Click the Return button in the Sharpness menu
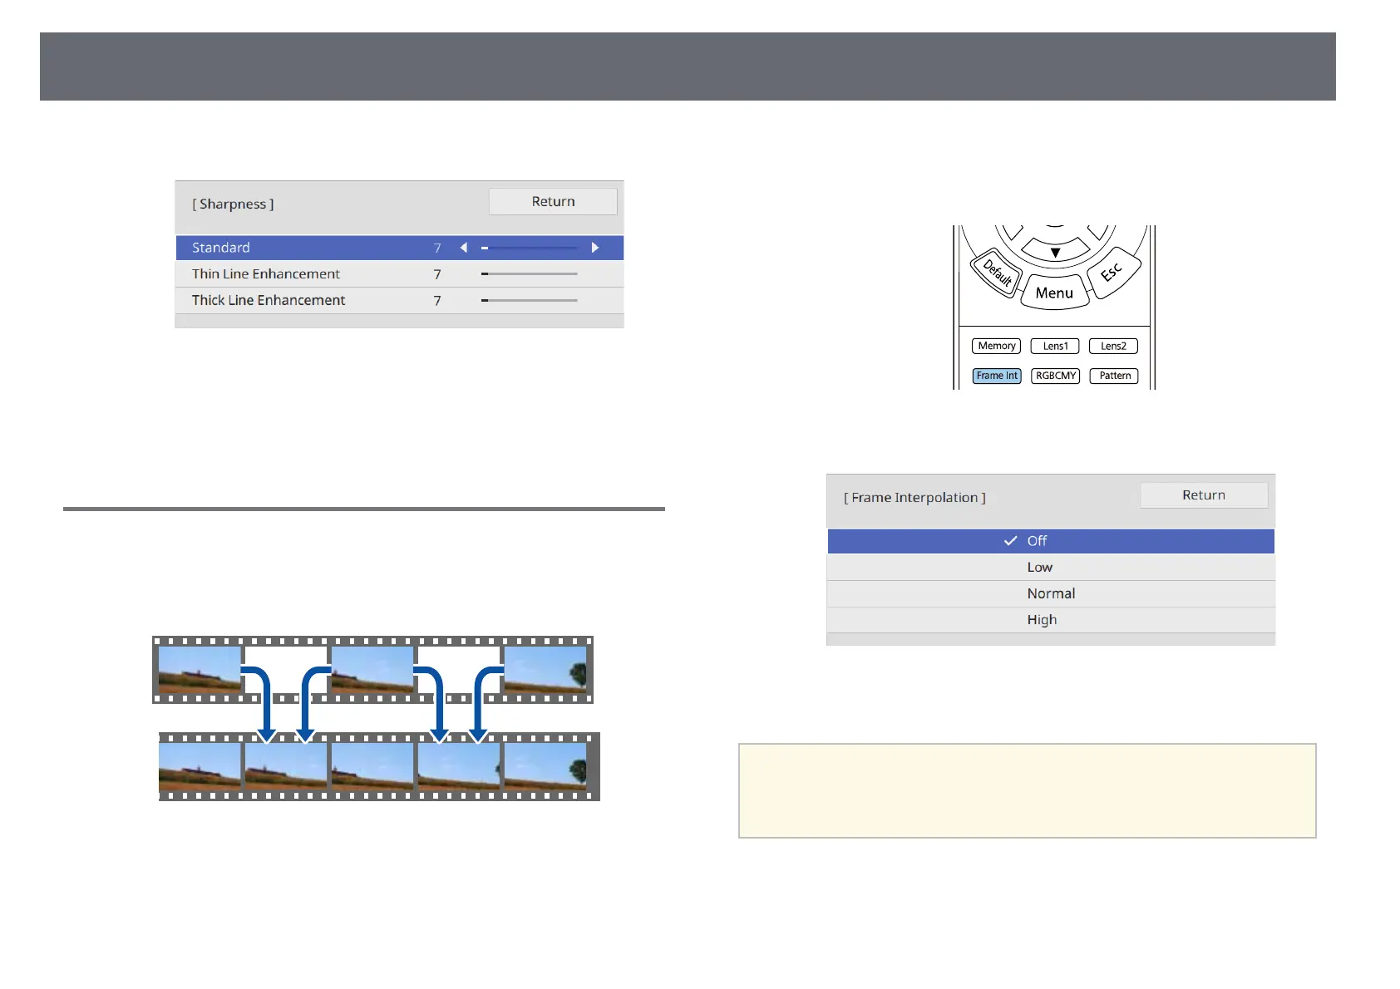(553, 202)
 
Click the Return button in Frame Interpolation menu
(1203, 495)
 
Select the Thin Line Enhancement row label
(266, 274)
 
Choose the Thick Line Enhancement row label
(269, 301)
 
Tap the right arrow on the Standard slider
(595, 248)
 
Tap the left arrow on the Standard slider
(464, 248)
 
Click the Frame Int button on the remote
(997, 376)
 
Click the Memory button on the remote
(996, 346)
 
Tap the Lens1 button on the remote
(1055, 346)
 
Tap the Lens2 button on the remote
(1113, 346)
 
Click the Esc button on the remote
(1112, 272)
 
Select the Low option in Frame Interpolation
(1039, 568)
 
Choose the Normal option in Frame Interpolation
(1051, 593)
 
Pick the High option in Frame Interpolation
(1042, 620)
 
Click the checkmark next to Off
(1011, 541)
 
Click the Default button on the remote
(997, 273)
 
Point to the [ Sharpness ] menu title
(233, 204)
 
